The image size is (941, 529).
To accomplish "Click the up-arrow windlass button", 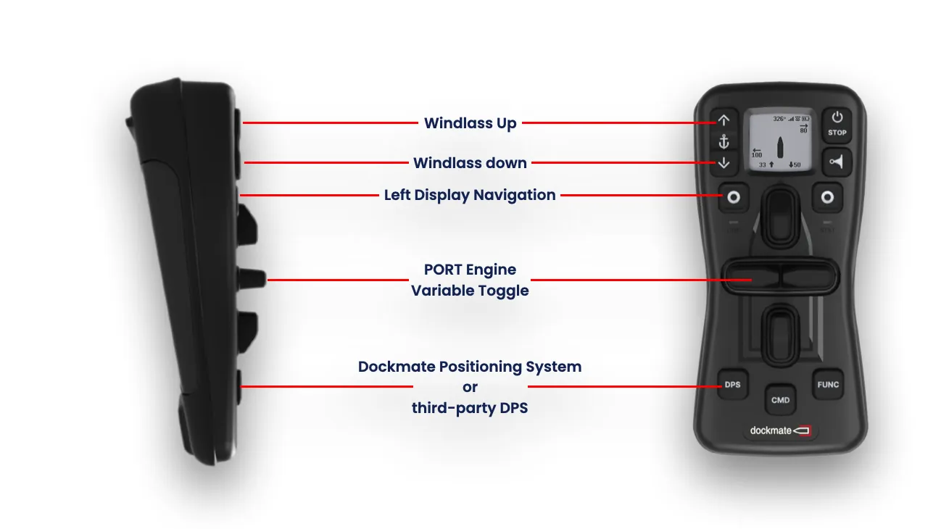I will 724,120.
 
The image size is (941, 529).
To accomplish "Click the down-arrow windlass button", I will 724,163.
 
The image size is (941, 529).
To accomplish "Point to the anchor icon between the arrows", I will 724,141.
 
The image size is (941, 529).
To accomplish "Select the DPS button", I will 732,384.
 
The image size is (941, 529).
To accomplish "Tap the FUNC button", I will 828,384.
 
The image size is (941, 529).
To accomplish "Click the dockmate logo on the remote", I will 780,430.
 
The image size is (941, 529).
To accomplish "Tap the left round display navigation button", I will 732,197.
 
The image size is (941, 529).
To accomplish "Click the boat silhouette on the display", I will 779,146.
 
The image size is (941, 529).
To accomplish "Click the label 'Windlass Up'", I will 470,123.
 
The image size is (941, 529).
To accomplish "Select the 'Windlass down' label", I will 470,163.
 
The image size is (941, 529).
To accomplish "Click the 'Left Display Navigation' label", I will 470,195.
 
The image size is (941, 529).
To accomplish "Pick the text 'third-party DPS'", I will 470,408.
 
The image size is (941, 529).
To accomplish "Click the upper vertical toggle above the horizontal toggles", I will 780,215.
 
